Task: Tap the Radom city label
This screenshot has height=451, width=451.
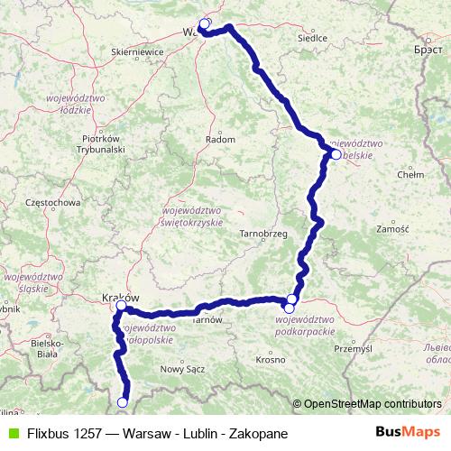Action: tap(220, 140)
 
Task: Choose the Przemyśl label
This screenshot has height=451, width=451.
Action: tap(353, 347)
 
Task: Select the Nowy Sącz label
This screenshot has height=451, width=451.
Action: tap(178, 368)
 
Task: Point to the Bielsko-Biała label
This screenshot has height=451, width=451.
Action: tap(45, 348)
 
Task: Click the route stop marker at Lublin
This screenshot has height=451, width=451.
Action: tap(336, 154)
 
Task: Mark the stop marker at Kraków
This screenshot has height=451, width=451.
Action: tap(121, 306)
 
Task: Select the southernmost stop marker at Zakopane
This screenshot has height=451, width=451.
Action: tap(123, 402)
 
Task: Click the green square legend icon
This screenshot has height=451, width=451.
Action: tap(11, 433)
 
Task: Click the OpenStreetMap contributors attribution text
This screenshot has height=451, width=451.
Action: tap(373, 403)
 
